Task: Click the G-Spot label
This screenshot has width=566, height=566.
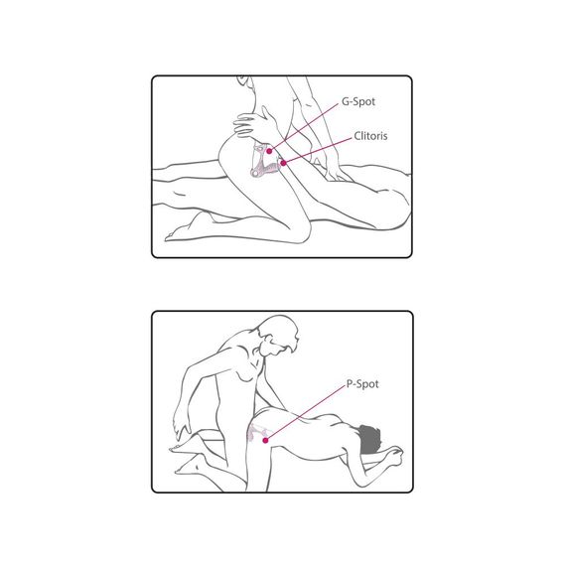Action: pyautogui.click(x=358, y=102)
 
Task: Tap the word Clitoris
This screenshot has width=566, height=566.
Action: pyautogui.click(x=370, y=136)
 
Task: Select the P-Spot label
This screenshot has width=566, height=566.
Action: pyautogui.click(x=362, y=384)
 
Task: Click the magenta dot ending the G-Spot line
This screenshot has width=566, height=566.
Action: pyautogui.click(x=269, y=151)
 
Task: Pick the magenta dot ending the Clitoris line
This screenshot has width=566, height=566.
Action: pyautogui.click(x=284, y=163)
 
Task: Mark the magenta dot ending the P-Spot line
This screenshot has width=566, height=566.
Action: pyautogui.click(x=265, y=440)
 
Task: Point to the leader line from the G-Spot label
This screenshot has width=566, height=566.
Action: pyautogui.click(x=305, y=126)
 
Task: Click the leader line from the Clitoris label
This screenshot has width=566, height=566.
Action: pyautogui.click(x=318, y=151)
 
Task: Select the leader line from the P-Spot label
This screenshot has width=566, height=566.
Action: pyautogui.click(x=305, y=413)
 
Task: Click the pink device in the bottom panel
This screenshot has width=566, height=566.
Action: pyautogui.click(x=257, y=432)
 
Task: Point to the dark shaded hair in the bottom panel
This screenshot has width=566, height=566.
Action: pyautogui.click(x=369, y=440)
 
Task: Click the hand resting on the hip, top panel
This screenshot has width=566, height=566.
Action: pyautogui.click(x=252, y=124)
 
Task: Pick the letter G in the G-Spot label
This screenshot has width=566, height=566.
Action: pyautogui.click(x=346, y=102)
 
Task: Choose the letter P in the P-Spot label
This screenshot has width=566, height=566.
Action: pyautogui.click(x=350, y=384)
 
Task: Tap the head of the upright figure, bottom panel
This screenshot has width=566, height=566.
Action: pyautogui.click(x=279, y=336)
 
